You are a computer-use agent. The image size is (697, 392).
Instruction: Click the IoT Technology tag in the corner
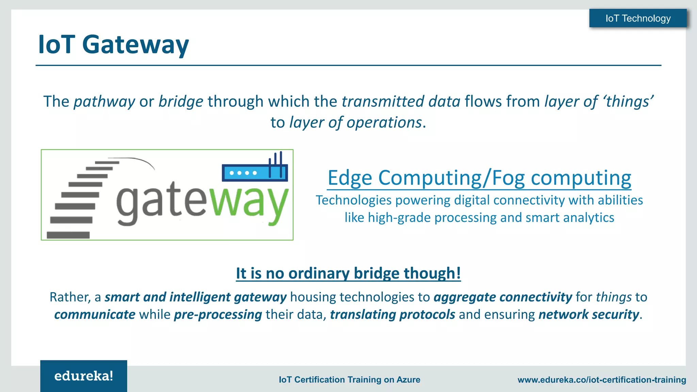click(638, 18)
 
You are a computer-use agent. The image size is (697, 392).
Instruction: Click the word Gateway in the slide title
click(135, 45)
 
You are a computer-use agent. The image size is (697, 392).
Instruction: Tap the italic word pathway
click(104, 102)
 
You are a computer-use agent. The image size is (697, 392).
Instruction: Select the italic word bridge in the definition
click(181, 102)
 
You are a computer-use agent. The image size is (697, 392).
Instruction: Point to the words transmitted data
click(401, 102)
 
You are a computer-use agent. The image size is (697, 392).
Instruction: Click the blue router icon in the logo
click(255, 172)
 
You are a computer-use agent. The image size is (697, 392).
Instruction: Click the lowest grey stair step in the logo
click(68, 235)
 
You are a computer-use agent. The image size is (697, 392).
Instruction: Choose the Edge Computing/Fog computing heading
click(479, 178)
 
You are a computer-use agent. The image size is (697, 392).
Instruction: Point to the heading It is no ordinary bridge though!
click(348, 274)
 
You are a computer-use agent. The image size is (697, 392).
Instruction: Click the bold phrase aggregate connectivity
click(503, 297)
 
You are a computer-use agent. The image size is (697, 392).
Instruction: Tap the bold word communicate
click(95, 315)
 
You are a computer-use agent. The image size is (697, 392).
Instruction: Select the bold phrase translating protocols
click(392, 315)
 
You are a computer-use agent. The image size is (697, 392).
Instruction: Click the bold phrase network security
click(588, 315)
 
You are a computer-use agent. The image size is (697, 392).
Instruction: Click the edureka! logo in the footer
click(84, 376)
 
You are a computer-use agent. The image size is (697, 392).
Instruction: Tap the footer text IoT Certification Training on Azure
click(349, 380)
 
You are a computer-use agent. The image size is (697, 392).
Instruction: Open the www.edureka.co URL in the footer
click(601, 380)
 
